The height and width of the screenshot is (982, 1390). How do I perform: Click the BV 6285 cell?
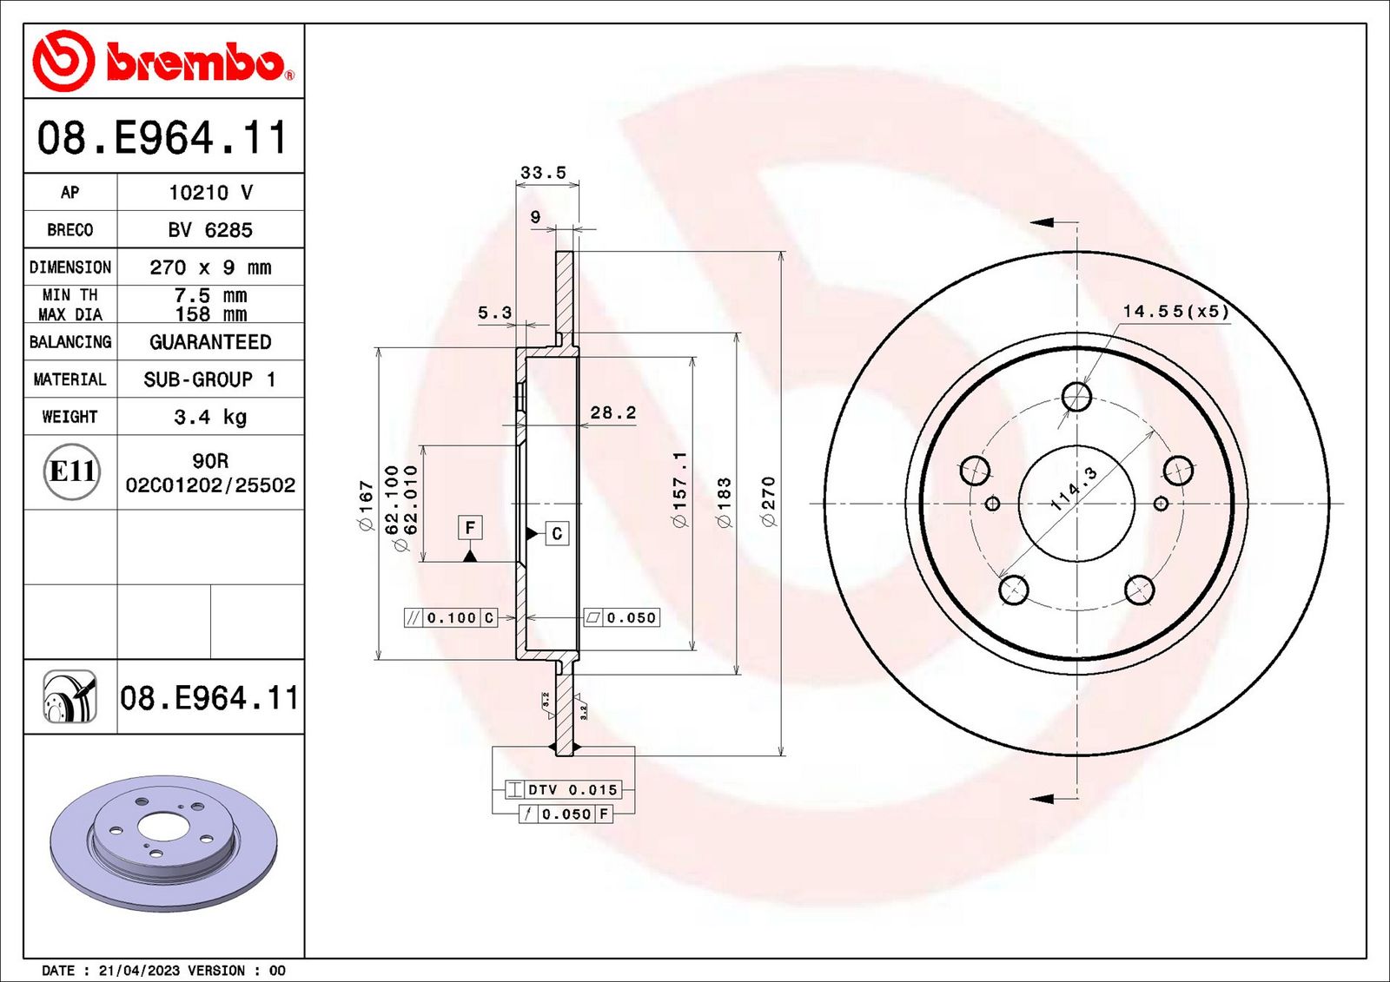coord(210,230)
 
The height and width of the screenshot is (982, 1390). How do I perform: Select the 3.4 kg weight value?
coord(210,417)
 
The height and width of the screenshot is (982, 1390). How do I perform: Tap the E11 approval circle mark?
coord(71,471)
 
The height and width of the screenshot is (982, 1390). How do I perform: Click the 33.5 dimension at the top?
coord(543,173)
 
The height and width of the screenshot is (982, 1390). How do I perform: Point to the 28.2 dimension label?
coord(613,412)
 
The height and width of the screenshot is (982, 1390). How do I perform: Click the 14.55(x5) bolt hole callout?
coord(1175,311)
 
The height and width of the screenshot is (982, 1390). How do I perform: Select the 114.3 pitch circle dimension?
coord(1074,489)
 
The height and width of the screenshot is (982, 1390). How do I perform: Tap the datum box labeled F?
coord(470,527)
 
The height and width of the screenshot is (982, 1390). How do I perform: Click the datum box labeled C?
coord(557,533)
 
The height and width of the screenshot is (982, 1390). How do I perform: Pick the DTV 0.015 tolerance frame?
coord(564,789)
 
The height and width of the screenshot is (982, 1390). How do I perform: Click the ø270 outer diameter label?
coord(768,501)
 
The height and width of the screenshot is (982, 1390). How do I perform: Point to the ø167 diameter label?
coord(366,505)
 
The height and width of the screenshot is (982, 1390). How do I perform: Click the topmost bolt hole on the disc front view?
coord(1076,397)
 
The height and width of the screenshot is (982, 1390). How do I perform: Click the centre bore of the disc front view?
coord(1076,504)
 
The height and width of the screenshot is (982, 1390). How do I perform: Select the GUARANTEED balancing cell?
coord(210,342)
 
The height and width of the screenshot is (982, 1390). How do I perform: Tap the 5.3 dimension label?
coord(494,313)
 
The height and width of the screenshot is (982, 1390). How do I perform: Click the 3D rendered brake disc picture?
coord(162,842)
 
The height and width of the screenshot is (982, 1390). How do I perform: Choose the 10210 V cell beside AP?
coord(210,193)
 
